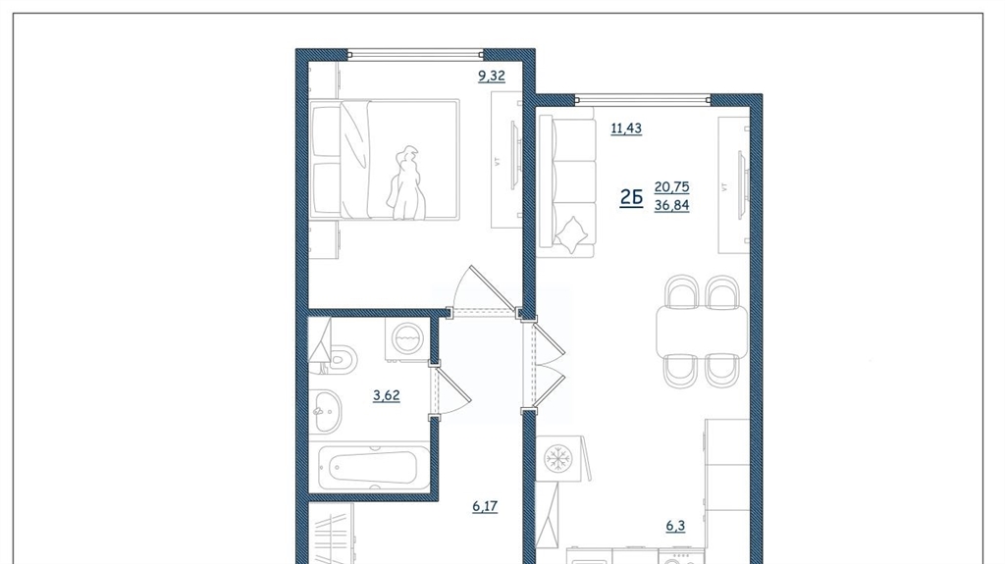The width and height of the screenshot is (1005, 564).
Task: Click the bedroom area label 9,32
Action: [x=492, y=76]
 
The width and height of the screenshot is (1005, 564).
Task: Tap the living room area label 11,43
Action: [x=626, y=128]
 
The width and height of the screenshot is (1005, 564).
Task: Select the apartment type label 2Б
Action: [x=631, y=197]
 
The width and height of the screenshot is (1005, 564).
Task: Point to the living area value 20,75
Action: [x=671, y=186]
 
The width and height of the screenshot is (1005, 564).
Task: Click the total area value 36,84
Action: [x=671, y=205]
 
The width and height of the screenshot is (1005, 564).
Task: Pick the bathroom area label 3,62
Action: [x=387, y=394]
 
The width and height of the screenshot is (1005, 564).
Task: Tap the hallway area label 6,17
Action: [x=485, y=506]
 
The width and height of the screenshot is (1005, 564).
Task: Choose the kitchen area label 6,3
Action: [x=675, y=526]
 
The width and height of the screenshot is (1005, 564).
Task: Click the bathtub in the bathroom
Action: [x=374, y=469]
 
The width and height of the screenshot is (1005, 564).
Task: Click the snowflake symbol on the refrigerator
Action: [x=557, y=459]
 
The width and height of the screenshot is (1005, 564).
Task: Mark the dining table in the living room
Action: [x=702, y=332]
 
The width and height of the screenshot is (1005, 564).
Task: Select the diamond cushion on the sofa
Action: [x=571, y=233]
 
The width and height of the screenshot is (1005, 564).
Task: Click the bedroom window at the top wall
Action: [x=415, y=55]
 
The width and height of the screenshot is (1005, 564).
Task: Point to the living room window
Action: [x=643, y=99]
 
